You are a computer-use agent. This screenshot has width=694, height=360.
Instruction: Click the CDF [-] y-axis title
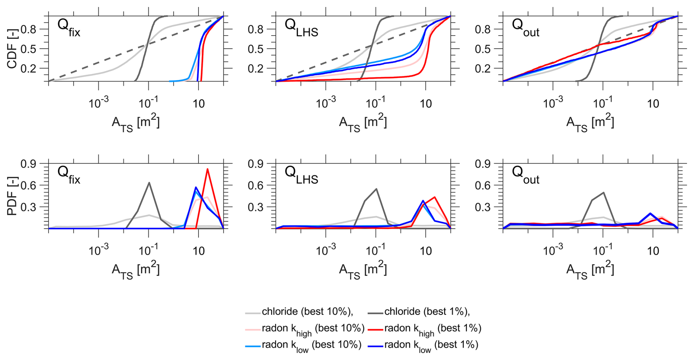click(x=12, y=48)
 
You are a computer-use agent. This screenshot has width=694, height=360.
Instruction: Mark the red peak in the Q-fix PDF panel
click(x=208, y=169)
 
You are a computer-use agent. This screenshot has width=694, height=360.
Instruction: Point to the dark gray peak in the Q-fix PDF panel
click(x=149, y=183)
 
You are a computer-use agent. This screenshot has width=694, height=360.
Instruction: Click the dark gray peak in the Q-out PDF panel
click(x=603, y=192)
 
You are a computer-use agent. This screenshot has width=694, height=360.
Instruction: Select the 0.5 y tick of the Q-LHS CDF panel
click(x=256, y=49)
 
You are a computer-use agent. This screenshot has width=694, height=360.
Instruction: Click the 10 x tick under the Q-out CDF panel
click(x=653, y=104)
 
